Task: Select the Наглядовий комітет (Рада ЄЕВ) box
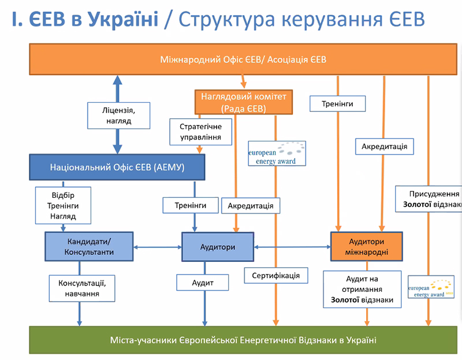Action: (x=244, y=102)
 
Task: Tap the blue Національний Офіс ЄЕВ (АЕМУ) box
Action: (x=117, y=167)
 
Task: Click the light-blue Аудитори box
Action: (x=217, y=247)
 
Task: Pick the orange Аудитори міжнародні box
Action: (x=367, y=246)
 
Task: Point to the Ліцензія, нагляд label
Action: (x=119, y=115)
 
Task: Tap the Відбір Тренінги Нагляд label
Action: (x=64, y=205)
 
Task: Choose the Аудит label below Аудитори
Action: (x=203, y=283)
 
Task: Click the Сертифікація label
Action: (x=275, y=275)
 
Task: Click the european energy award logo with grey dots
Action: (x=276, y=153)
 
